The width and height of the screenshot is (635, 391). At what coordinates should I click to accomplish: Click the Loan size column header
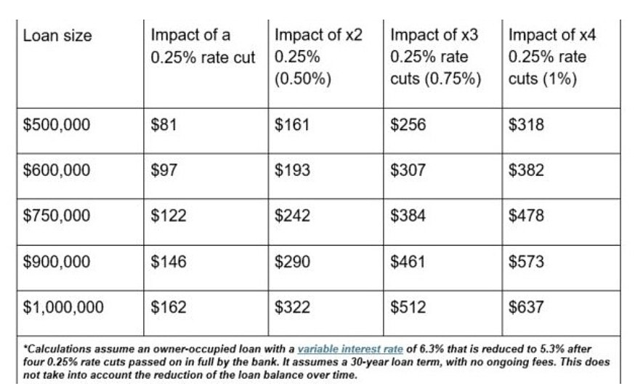[x=57, y=36]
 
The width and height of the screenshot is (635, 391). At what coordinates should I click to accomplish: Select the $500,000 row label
[x=56, y=124]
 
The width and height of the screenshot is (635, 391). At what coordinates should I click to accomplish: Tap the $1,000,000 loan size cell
[x=63, y=307]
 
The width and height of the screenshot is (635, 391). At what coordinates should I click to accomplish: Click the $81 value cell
[x=163, y=124]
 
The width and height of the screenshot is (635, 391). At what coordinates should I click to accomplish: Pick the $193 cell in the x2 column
[x=292, y=169]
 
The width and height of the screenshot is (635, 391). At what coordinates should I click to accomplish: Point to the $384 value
[x=408, y=214]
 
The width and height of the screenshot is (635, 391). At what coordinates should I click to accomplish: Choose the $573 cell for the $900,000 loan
[x=526, y=262]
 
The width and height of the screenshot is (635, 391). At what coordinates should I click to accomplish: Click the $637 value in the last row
[x=526, y=307]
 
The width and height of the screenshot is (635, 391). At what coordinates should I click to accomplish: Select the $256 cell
[x=408, y=124]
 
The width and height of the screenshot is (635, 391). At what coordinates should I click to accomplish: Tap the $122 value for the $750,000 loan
[x=169, y=214]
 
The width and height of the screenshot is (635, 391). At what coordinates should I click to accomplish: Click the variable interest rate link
[x=350, y=349]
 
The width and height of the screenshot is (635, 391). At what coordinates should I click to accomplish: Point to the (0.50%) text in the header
[x=302, y=78]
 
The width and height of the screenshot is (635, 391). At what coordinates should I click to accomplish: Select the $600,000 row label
[x=56, y=169]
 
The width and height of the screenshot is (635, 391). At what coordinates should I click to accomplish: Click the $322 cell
[x=292, y=307]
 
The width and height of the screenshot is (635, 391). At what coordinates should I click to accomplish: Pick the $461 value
[x=408, y=262]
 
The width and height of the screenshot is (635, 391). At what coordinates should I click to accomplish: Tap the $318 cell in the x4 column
[x=526, y=124]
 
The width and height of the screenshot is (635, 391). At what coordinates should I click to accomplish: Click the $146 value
[x=169, y=262]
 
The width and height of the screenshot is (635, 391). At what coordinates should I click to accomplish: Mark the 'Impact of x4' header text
[x=552, y=35]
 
